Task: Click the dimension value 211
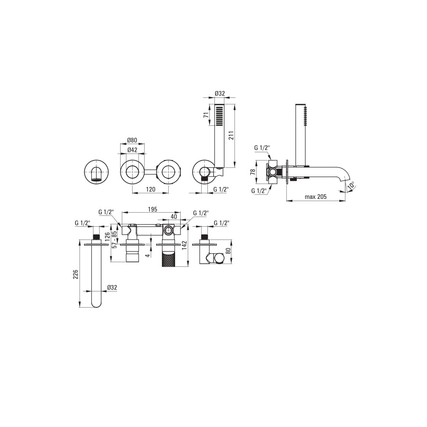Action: coord(231,136)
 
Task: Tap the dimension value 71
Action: coord(206,115)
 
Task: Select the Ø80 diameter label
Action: coord(132,140)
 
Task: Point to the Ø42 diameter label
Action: coord(132,150)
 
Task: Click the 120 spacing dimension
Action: coord(151,189)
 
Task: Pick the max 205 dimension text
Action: coord(315,196)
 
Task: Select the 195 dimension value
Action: coord(152,209)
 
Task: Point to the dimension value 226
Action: coord(76,274)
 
